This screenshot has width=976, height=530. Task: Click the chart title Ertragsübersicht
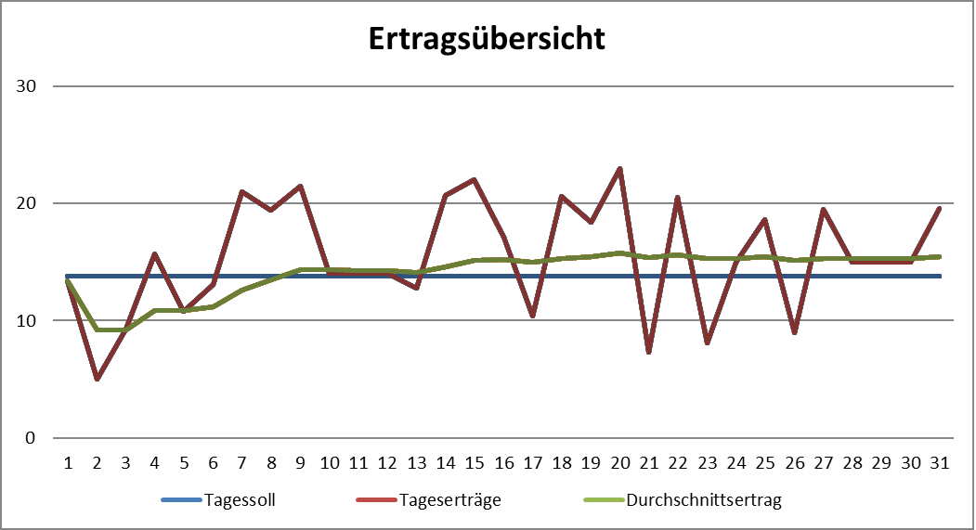(488, 39)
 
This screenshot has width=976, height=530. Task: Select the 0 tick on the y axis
(31, 438)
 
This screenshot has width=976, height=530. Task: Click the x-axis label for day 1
(67, 461)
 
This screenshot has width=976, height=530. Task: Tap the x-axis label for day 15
(475, 461)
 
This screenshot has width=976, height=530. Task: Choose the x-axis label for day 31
(940, 461)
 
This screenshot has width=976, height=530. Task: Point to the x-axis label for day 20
(619, 461)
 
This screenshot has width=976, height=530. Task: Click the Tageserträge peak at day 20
(619, 169)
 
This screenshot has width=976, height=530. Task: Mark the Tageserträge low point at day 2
(97, 379)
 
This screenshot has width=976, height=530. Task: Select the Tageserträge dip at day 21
(648, 352)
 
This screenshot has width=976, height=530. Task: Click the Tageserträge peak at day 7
(241, 191)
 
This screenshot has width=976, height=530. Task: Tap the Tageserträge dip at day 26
(794, 332)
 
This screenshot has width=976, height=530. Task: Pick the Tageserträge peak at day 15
(475, 179)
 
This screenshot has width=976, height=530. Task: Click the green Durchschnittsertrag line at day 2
(97, 330)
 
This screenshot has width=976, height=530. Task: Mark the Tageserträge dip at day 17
(532, 316)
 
